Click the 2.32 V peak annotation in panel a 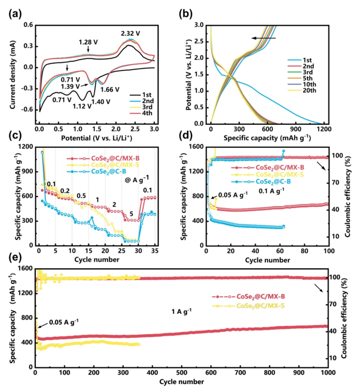pyautogui.click(x=131, y=33)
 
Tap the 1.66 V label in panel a pyautogui.click(x=111, y=89)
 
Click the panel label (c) pyautogui.click(x=11, y=140)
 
